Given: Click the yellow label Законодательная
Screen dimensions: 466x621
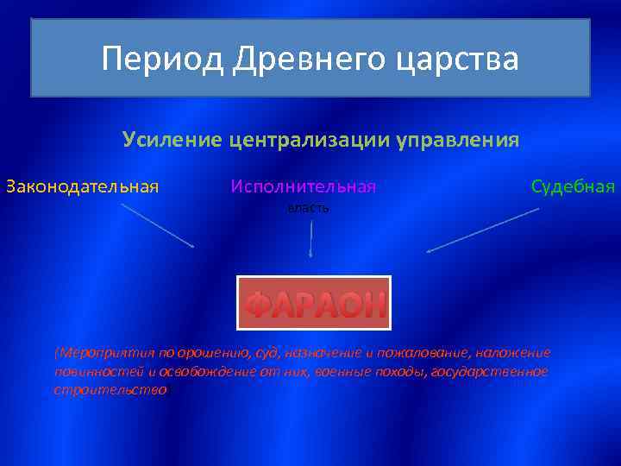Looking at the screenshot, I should tap(83, 186).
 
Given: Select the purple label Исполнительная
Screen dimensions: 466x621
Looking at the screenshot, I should tap(304, 186).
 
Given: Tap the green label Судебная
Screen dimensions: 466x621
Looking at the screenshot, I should tap(573, 186).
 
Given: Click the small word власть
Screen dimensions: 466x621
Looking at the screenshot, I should tap(308, 209).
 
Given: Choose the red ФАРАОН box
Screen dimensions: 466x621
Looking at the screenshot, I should tap(314, 303).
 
